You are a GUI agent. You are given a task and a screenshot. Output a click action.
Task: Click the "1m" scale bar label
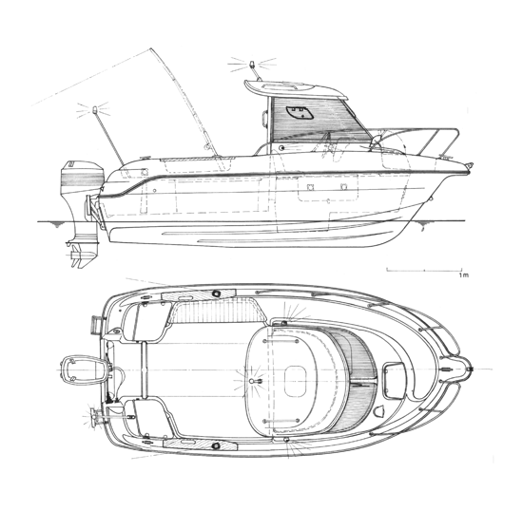[x=464, y=275]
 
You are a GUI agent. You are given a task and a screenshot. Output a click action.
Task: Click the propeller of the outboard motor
[x=77, y=255]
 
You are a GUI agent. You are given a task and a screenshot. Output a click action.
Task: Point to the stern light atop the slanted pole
[x=95, y=109]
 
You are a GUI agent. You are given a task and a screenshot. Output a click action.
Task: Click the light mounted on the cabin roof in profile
[x=252, y=65]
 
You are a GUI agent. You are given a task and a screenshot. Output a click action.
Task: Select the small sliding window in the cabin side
[x=300, y=113]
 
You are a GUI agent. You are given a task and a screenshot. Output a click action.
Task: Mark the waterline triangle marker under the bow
[x=422, y=223]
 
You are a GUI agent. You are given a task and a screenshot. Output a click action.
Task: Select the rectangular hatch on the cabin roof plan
[x=295, y=381]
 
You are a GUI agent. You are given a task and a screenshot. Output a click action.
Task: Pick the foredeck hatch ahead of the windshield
[x=394, y=381]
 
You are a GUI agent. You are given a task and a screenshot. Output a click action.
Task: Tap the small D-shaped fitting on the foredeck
[x=380, y=410]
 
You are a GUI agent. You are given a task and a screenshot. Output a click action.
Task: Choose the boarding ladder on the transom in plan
[x=96, y=325]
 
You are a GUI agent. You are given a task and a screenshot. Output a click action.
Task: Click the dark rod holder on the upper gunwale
[x=216, y=293]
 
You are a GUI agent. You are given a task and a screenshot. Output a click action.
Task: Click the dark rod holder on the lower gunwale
[x=216, y=445]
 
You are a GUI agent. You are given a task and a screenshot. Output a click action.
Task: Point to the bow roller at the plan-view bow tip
[x=468, y=369]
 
